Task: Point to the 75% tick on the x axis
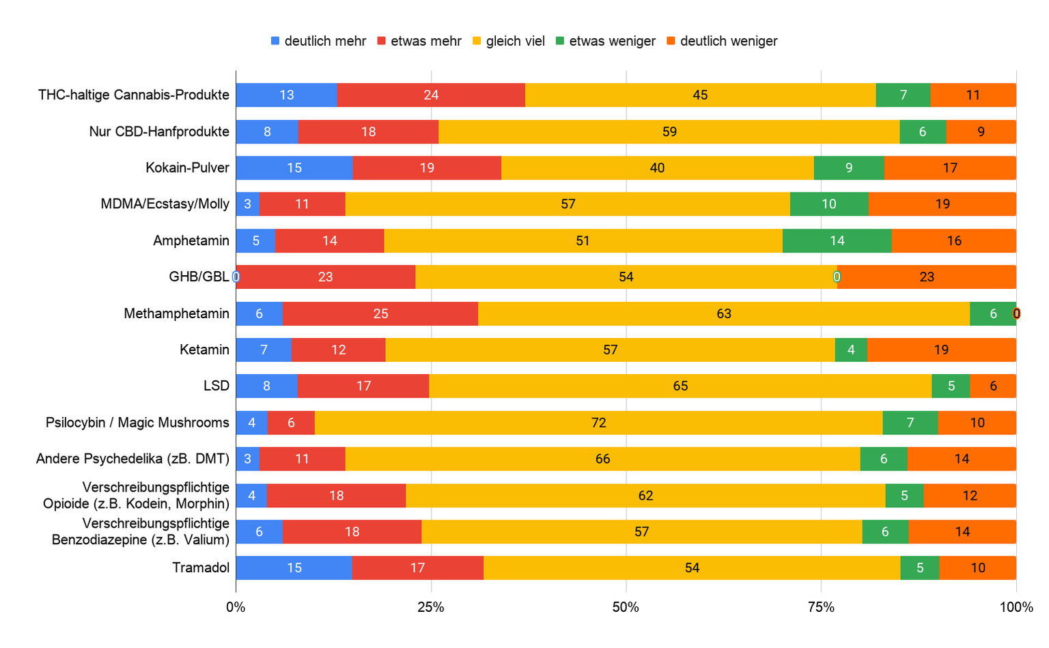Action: click(821, 607)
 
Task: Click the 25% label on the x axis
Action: click(431, 607)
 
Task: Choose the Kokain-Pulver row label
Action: click(187, 168)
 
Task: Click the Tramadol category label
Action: click(201, 568)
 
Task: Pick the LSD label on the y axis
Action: click(216, 386)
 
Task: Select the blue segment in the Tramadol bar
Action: click(294, 568)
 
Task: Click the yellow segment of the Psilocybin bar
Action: click(598, 423)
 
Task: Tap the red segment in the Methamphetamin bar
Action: click(380, 313)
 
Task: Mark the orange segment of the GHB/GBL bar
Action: click(926, 277)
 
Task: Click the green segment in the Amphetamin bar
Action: click(837, 240)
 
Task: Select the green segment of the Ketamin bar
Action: click(851, 350)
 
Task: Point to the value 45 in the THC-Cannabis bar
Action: click(700, 95)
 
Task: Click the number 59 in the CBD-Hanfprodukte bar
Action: click(669, 132)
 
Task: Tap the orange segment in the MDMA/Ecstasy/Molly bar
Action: click(942, 204)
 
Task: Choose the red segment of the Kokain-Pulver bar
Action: click(427, 168)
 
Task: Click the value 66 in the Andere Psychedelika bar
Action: click(602, 459)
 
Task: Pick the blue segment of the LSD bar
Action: click(266, 386)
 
